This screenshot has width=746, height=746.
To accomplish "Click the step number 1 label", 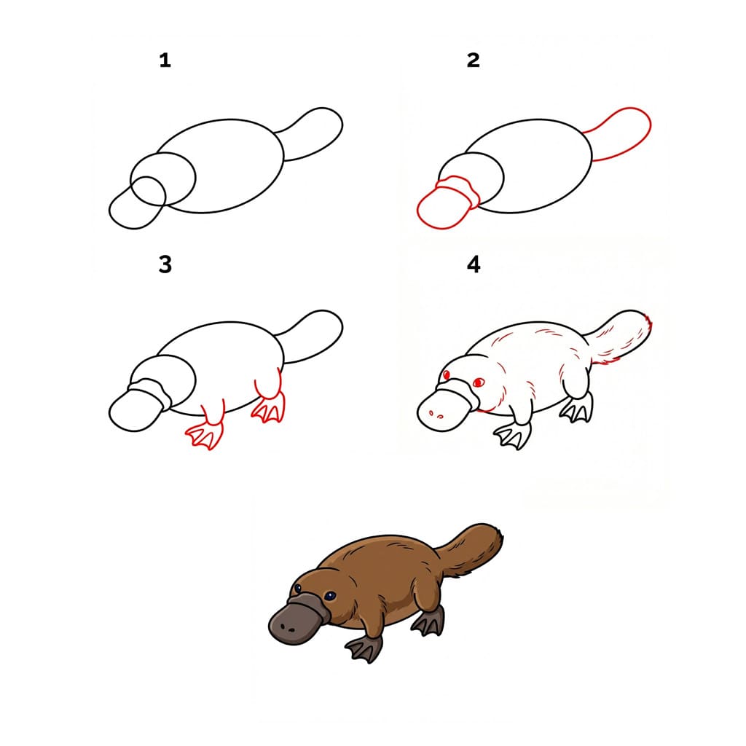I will click(165, 60).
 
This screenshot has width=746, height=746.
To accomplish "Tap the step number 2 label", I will click(474, 60).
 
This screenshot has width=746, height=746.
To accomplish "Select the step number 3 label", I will click(165, 264).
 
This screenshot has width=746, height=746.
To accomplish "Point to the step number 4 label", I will click(474, 264).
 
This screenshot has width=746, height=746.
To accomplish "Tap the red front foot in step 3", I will click(205, 435).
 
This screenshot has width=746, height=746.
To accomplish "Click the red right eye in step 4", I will click(478, 382).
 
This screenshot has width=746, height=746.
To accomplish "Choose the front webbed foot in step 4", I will click(513, 435).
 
